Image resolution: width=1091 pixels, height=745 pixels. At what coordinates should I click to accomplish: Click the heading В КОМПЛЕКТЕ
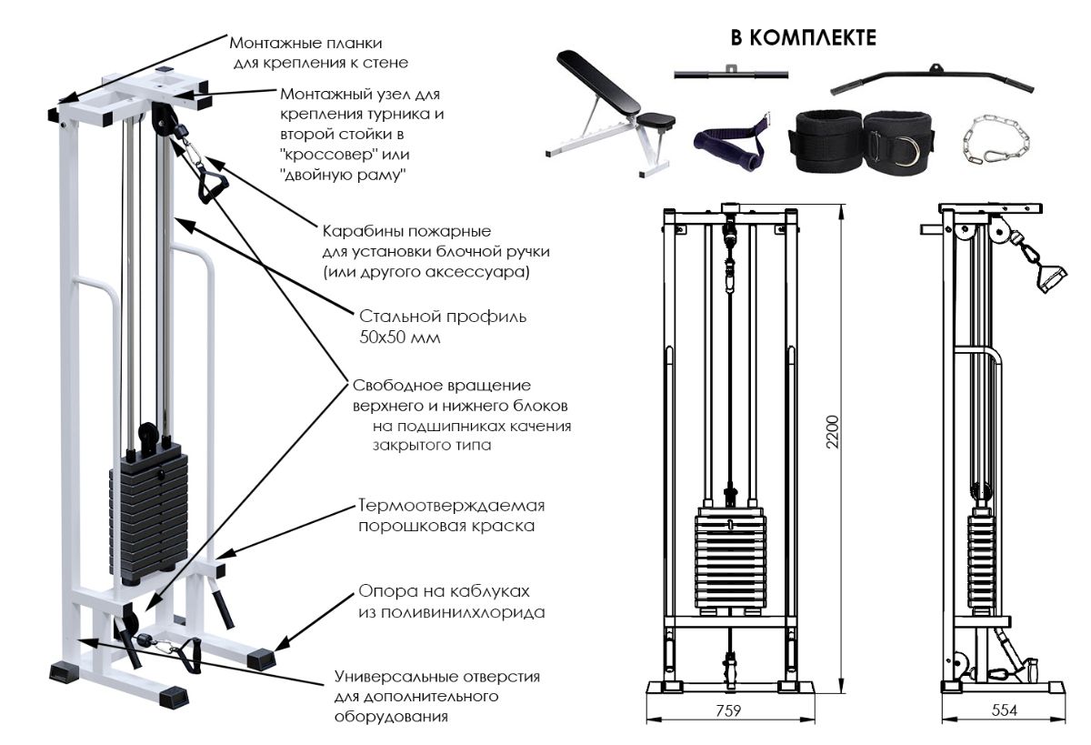tap(804, 38)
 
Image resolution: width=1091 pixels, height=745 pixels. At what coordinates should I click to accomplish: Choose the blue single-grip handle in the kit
tap(727, 140)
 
